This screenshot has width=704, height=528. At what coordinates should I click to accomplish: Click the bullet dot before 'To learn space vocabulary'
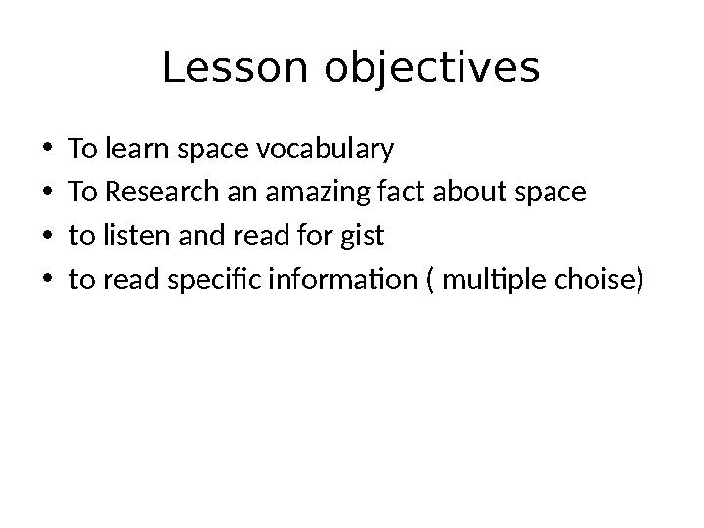click(48, 151)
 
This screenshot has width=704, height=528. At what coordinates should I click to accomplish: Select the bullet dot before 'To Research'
click(48, 194)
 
